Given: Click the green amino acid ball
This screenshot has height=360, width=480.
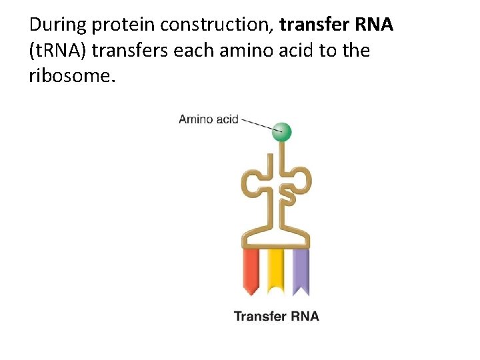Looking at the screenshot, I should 282,131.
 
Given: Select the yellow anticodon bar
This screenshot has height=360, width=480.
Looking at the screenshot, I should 275,271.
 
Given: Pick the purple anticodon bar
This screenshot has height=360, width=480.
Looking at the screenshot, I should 300,271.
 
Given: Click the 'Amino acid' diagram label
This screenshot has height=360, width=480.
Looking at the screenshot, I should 208,119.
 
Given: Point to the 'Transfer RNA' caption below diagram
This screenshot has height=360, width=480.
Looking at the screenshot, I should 276,315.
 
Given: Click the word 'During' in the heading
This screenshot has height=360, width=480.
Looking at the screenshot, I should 58,25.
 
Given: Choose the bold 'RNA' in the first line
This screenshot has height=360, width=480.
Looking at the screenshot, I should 375,25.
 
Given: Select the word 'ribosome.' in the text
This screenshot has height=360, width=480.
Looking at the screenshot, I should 72,75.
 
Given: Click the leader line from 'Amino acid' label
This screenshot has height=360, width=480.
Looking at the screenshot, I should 257,124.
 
